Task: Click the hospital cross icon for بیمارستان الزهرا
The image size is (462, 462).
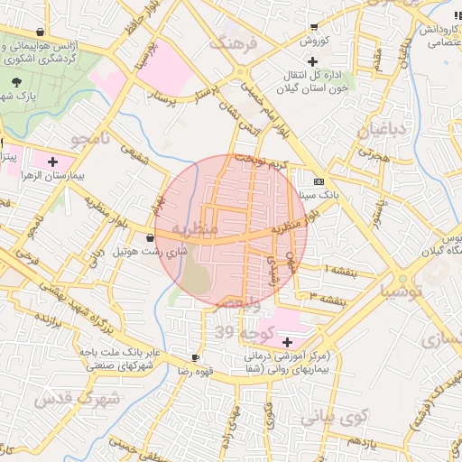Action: [51, 161]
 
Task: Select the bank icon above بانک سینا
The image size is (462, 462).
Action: [318, 180]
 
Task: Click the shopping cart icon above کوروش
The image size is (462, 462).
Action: [313, 27]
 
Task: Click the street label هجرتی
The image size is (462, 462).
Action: [372, 155]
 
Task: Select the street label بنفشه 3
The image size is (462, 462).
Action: [328, 296]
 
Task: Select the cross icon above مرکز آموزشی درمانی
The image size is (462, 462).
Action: [287, 342]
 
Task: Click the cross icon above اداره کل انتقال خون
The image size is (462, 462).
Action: [312, 62]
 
